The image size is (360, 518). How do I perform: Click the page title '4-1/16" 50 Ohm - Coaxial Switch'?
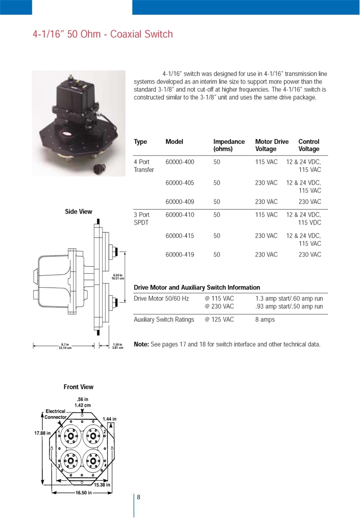(x=103, y=34)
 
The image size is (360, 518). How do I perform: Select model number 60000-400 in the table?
(x=180, y=162)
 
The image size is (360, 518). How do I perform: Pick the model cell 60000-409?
(x=180, y=202)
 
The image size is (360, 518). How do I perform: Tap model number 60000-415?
(x=180, y=236)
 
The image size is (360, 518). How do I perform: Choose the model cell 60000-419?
(x=180, y=254)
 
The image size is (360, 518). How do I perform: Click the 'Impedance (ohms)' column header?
(x=229, y=145)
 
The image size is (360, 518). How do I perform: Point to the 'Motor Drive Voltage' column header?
(x=272, y=145)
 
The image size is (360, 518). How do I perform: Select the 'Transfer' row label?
(x=144, y=170)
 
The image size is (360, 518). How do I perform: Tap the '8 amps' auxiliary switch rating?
(x=265, y=319)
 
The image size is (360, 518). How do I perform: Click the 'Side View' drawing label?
(x=78, y=211)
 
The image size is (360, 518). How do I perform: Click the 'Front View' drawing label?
(x=78, y=387)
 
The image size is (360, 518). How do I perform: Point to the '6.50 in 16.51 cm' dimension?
(x=118, y=277)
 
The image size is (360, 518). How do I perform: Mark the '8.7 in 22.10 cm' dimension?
(x=65, y=346)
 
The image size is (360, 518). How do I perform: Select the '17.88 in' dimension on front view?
(x=42, y=433)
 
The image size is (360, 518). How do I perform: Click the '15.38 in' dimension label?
(x=102, y=485)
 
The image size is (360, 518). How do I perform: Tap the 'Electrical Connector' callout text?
(x=56, y=414)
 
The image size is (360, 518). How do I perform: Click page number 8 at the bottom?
(x=139, y=497)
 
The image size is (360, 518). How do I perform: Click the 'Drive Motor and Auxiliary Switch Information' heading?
(x=196, y=288)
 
